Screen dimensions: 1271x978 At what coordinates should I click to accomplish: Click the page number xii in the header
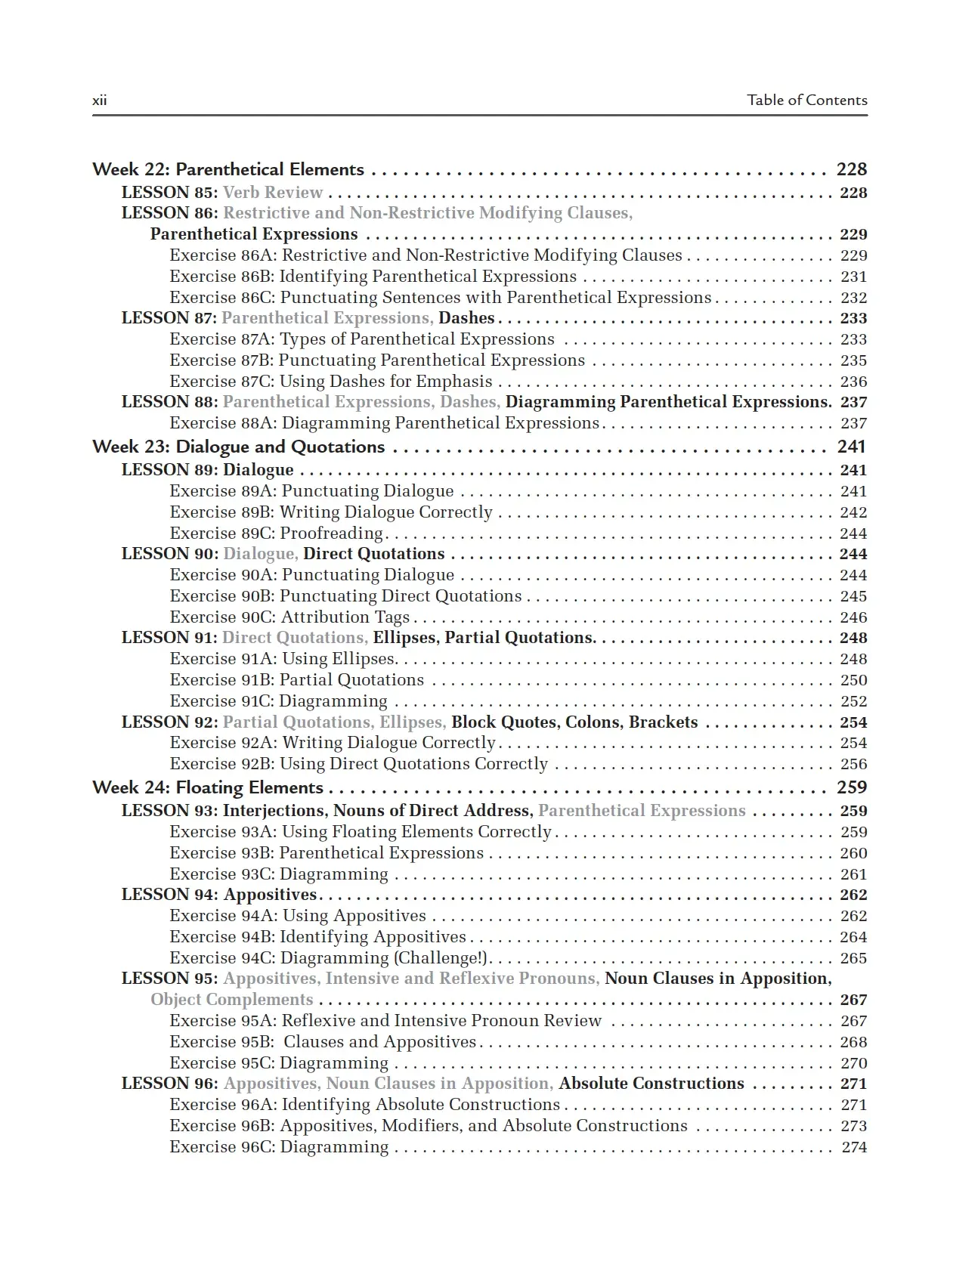(99, 101)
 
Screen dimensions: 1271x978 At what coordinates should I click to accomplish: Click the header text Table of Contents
(806, 100)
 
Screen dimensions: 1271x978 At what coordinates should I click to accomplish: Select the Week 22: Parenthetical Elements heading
(227, 169)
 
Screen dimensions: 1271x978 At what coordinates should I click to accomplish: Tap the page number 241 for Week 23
(851, 447)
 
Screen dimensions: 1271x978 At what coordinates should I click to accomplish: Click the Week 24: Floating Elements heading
(207, 787)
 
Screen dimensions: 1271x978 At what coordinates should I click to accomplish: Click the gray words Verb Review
(273, 193)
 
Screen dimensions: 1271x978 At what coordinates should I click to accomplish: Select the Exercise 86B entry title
(373, 277)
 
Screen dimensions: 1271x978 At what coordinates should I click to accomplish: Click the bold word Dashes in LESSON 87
(466, 318)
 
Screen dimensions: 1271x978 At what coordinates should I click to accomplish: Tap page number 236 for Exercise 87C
(853, 382)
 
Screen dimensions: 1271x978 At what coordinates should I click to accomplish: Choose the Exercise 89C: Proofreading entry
(277, 533)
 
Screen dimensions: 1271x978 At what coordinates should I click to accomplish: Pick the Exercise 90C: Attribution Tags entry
(289, 617)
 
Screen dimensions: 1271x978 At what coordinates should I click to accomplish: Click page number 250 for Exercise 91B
(853, 680)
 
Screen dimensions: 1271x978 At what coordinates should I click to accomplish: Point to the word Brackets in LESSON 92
(663, 722)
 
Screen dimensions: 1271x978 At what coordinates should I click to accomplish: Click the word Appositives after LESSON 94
(270, 895)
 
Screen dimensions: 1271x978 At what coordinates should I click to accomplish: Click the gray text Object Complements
(231, 1000)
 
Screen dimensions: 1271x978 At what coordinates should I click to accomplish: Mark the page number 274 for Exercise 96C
(854, 1147)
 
